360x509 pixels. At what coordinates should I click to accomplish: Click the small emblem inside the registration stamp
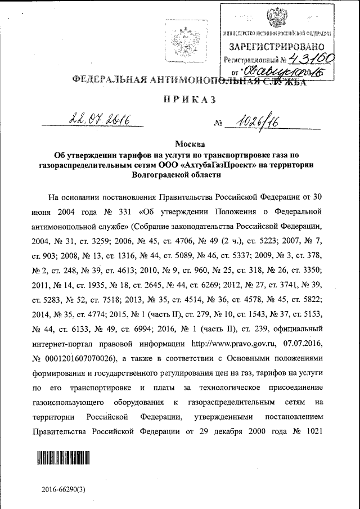(276, 17)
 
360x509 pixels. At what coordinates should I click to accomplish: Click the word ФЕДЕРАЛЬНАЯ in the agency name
(103, 79)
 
